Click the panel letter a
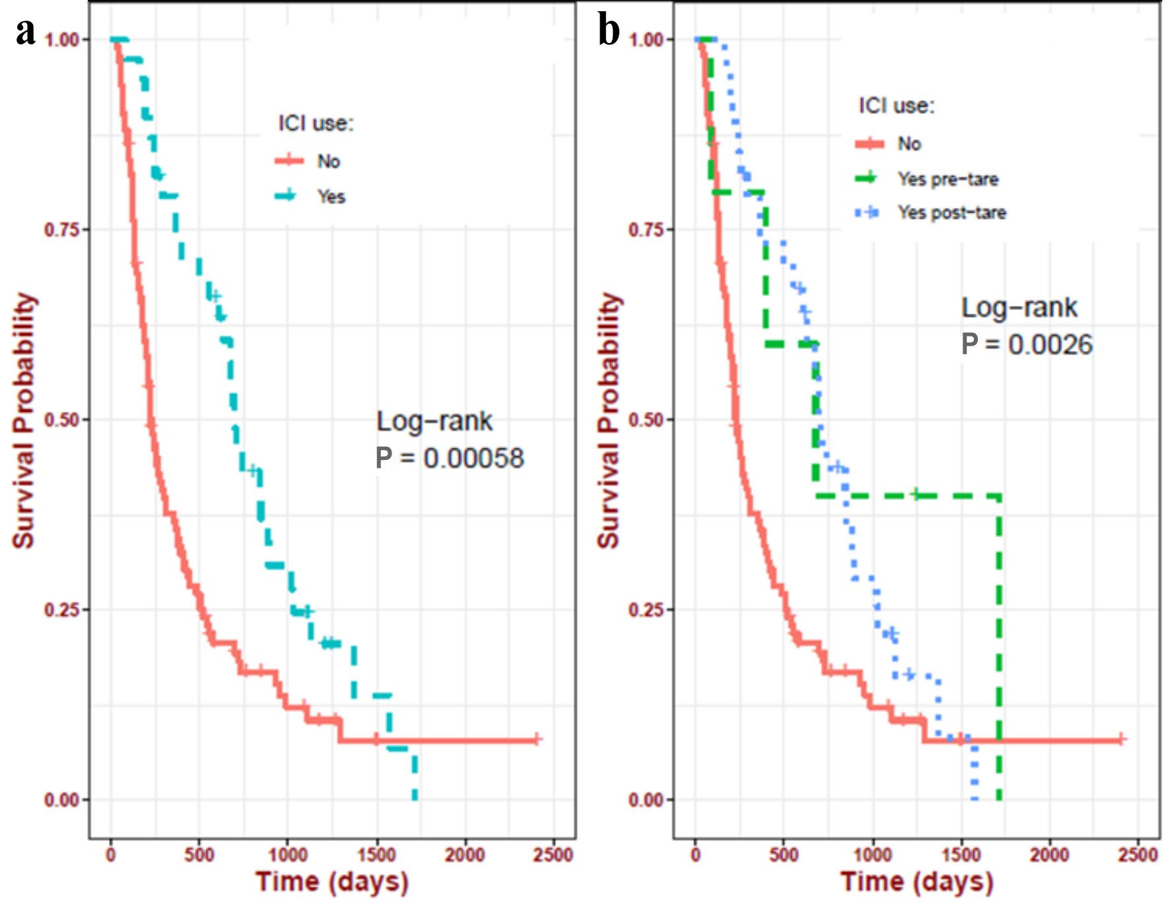click(26, 32)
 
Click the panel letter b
click(609, 32)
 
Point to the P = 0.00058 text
click(450, 459)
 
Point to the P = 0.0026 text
click(1027, 344)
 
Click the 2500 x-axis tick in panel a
click(553, 855)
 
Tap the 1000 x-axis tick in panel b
click(873, 855)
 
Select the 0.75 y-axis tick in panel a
click(61, 230)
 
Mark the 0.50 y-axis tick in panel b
click(646, 420)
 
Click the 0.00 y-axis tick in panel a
click(61, 800)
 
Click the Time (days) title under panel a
click(332, 882)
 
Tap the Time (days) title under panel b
click(917, 882)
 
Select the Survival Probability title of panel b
click(608, 420)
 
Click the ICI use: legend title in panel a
click(316, 123)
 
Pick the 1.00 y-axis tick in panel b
click(646, 40)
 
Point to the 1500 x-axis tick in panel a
click(376, 855)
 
